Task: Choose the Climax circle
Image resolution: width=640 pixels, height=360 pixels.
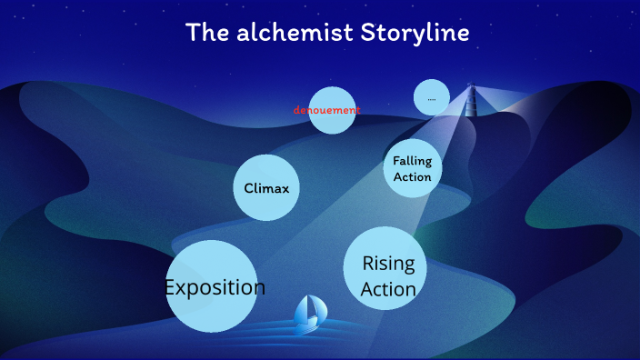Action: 266,187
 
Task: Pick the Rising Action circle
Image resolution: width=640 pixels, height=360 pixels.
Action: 385,268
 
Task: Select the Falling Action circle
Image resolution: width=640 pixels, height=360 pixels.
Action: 412,167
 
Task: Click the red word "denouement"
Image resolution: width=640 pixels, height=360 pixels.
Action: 326,110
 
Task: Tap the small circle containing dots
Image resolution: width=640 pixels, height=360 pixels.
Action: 432,97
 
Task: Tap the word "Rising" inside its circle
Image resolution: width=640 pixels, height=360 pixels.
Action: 388,265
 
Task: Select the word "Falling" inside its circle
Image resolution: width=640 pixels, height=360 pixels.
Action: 412,161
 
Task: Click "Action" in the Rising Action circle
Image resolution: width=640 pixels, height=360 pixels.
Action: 388,289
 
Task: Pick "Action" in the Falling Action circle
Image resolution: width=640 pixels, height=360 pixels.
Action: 412,177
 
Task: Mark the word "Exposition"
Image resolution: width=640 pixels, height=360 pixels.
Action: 215,287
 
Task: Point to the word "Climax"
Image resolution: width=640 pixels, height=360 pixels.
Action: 266,189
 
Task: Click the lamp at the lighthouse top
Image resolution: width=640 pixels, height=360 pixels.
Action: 471,89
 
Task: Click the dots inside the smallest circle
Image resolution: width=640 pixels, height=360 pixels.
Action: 432,98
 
